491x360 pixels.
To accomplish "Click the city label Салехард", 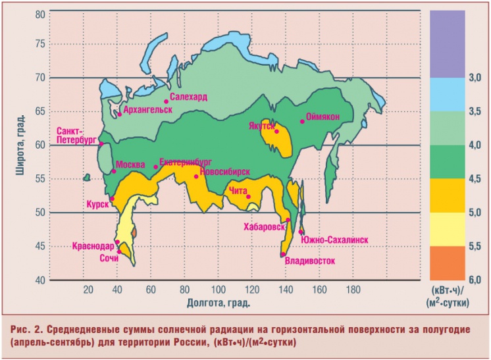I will [188, 97].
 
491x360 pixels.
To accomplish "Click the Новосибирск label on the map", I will [224, 171].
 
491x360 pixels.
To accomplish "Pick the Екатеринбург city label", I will [186, 161].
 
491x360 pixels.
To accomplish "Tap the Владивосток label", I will [309, 261].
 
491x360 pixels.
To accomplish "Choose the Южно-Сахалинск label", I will [334, 240].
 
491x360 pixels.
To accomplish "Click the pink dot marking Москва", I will [113, 171].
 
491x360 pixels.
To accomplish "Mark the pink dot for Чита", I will [248, 196].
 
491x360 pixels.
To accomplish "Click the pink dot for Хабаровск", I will [288, 220].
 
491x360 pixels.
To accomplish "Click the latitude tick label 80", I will [40, 14].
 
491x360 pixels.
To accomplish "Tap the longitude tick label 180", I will [353, 290].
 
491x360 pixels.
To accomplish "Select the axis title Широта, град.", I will [20, 146].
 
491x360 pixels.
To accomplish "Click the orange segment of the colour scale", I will [447, 263].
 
